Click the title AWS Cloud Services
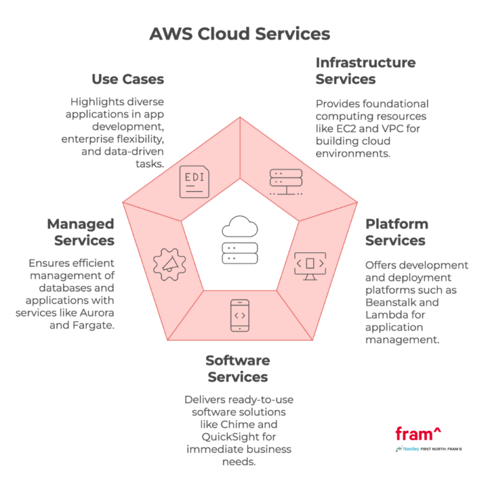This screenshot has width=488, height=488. (x=240, y=33)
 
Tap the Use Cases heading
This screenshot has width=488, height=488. (x=128, y=79)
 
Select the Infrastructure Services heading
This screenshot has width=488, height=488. (x=365, y=71)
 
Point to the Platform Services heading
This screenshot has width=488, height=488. (x=396, y=232)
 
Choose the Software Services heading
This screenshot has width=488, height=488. (x=238, y=369)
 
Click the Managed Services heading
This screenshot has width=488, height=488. (x=81, y=232)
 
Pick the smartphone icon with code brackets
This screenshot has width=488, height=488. (x=238, y=315)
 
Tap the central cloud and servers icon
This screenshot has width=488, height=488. (x=239, y=240)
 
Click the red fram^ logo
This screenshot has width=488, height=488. (x=417, y=434)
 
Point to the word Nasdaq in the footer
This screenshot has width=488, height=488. (x=410, y=449)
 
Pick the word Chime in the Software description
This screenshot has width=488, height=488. (x=259, y=424)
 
